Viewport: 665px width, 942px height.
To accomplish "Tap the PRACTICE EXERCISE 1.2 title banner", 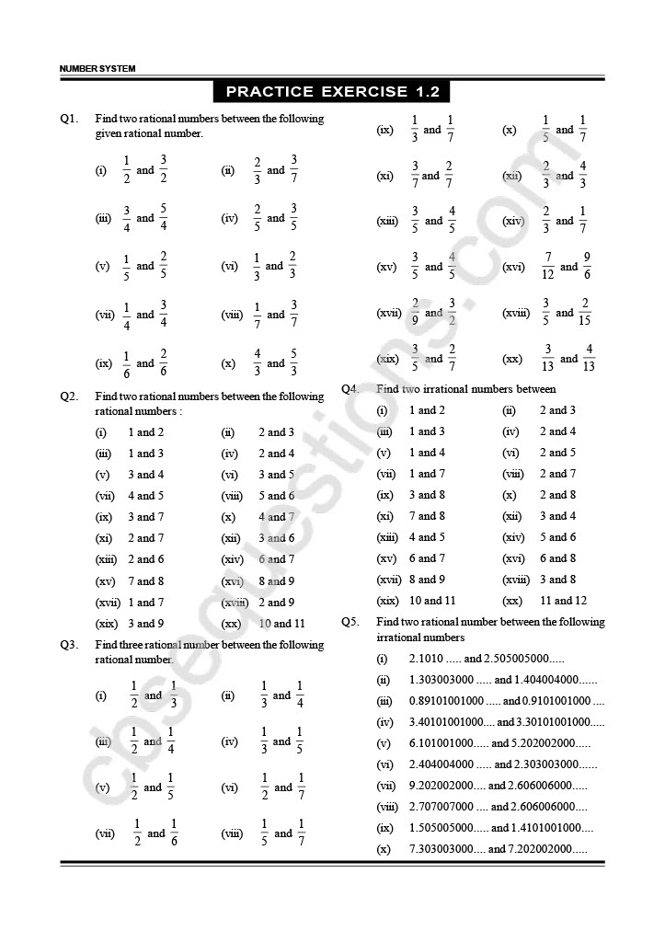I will tap(331, 91).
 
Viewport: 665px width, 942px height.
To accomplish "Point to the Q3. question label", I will tap(70, 645).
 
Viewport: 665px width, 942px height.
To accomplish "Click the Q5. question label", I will tap(350, 622).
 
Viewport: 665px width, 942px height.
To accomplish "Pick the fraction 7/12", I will tap(548, 267).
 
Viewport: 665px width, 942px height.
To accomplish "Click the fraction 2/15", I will tap(586, 313).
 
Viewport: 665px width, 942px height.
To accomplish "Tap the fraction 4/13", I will tap(590, 358).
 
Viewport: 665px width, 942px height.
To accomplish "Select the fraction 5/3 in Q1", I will tap(293, 362).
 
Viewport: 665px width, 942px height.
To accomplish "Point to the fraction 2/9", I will tap(415, 313).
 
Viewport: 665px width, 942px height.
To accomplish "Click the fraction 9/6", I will tap(587, 267).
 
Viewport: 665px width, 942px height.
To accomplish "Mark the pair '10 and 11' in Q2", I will tap(281, 623).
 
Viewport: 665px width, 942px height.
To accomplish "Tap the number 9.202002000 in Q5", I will tap(446, 786).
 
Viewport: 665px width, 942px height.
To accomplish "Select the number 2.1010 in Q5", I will tap(426, 659).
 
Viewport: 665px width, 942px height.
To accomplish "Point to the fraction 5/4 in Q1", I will tap(163, 218).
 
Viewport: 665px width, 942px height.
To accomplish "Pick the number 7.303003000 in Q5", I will tap(446, 849).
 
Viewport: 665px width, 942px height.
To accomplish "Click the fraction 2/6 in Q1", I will tap(163, 362).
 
